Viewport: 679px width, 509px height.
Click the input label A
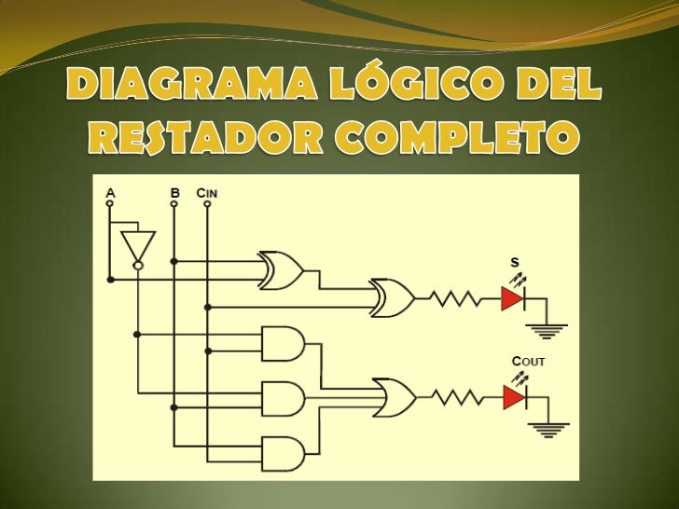(111, 192)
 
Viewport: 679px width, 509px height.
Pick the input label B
(174, 192)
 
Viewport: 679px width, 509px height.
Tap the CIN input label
(206, 192)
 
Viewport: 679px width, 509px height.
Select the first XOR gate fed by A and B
(280, 270)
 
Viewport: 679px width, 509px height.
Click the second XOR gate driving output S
(393, 298)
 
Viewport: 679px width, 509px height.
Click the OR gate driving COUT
(394, 398)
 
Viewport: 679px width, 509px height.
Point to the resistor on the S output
(457, 299)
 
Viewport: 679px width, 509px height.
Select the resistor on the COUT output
(457, 398)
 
